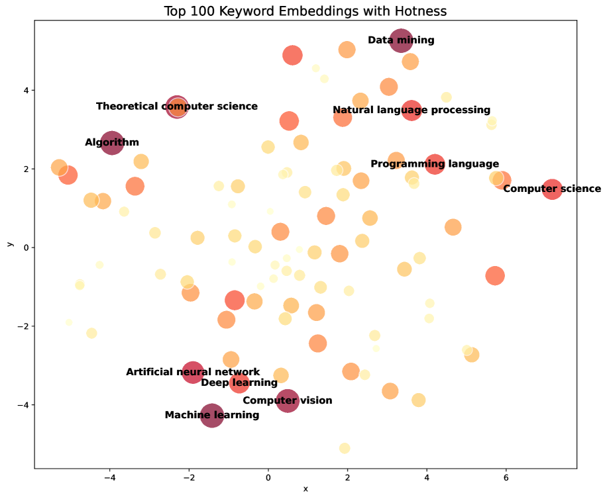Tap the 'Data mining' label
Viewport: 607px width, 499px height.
401,40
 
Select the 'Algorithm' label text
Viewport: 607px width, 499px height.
112,142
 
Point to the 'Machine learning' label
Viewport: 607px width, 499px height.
212,416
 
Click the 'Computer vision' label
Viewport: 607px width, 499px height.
287,400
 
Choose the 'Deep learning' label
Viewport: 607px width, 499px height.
239,383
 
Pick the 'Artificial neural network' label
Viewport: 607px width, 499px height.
193,372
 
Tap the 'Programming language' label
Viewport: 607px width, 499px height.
435,164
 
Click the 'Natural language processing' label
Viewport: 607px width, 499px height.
412,111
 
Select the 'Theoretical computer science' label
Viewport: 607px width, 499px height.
177,107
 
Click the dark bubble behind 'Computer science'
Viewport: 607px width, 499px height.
552,189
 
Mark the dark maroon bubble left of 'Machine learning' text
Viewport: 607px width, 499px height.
212,416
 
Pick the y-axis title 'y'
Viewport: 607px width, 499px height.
9,244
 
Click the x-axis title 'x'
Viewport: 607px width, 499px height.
305,489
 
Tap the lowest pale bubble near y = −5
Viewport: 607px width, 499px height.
345,448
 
